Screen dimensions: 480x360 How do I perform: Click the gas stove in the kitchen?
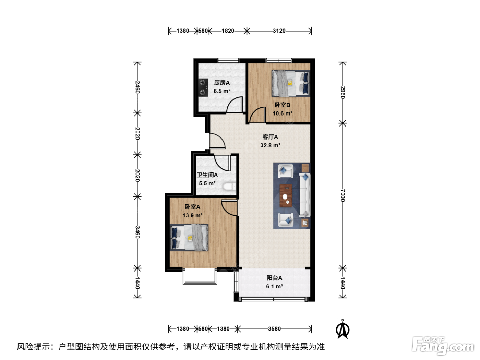pos(203,87)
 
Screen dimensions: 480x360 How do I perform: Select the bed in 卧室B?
pos(291,83)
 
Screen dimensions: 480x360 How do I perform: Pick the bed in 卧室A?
pos(189,237)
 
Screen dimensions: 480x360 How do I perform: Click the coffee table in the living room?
pos(286,196)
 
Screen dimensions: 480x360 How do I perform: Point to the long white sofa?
pos(304,195)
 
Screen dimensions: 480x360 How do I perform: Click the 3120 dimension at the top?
pos(279,31)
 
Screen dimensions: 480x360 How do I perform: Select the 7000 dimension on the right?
pos(343,195)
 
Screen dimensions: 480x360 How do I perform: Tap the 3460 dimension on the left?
pos(137,232)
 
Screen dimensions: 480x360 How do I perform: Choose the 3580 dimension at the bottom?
pos(274,328)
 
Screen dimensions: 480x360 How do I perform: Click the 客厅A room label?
pos(270,137)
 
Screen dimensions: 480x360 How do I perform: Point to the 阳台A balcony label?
pos(274,278)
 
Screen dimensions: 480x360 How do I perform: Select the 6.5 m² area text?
pos(222,91)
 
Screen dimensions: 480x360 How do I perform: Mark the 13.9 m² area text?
pos(192,215)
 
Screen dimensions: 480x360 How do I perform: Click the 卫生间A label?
pos(207,175)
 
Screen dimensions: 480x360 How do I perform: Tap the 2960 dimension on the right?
pos(343,93)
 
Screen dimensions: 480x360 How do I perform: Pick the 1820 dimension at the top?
pos(228,31)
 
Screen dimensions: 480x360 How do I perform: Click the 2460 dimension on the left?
pos(137,87)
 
